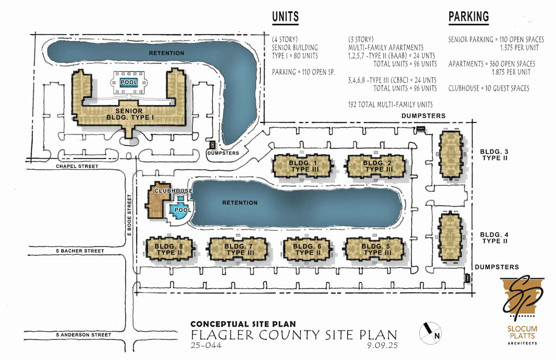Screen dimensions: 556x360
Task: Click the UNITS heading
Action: point(285,17)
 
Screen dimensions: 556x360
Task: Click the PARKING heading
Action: point(468,17)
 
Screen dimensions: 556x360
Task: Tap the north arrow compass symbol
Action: point(430,333)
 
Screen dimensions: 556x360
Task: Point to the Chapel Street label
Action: point(77,166)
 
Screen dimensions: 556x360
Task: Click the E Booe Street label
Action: point(130,214)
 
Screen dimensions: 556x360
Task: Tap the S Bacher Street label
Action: point(80,250)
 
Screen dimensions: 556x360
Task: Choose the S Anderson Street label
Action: point(83,335)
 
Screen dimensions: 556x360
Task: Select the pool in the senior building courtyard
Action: point(129,82)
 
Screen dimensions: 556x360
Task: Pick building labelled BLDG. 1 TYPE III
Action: point(303,166)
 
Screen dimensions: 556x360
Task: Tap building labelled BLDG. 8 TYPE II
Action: point(170,249)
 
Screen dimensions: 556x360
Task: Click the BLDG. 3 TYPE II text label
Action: point(494,155)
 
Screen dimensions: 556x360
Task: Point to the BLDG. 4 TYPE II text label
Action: point(494,238)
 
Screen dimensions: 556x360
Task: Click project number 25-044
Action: point(206,345)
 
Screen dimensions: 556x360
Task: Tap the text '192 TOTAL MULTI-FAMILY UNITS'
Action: point(390,105)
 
